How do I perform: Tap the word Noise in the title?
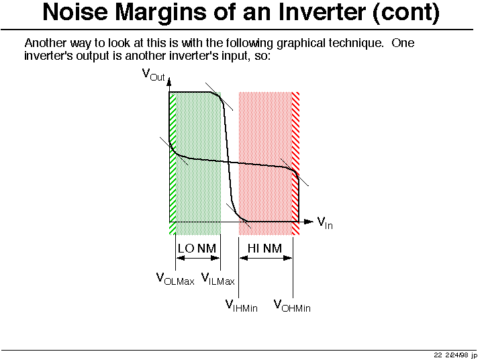click(75, 12)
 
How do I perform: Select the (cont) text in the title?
click(406, 13)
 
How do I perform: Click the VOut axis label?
click(153, 75)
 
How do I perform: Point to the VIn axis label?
click(325, 223)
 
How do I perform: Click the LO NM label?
click(197, 249)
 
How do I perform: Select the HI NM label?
click(264, 249)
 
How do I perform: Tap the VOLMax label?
click(175, 279)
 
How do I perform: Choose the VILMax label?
click(218, 279)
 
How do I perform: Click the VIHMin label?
click(242, 306)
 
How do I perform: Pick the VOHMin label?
click(292, 306)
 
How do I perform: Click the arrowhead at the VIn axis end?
click(309, 222)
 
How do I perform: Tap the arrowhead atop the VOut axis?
click(169, 82)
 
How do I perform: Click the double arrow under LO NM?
click(198, 258)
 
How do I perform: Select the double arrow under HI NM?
click(266, 258)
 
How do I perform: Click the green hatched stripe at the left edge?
click(173, 164)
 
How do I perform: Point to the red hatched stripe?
click(295, 164)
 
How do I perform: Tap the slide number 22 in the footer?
click(438, 355)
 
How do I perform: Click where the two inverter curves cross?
click(228, 162)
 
